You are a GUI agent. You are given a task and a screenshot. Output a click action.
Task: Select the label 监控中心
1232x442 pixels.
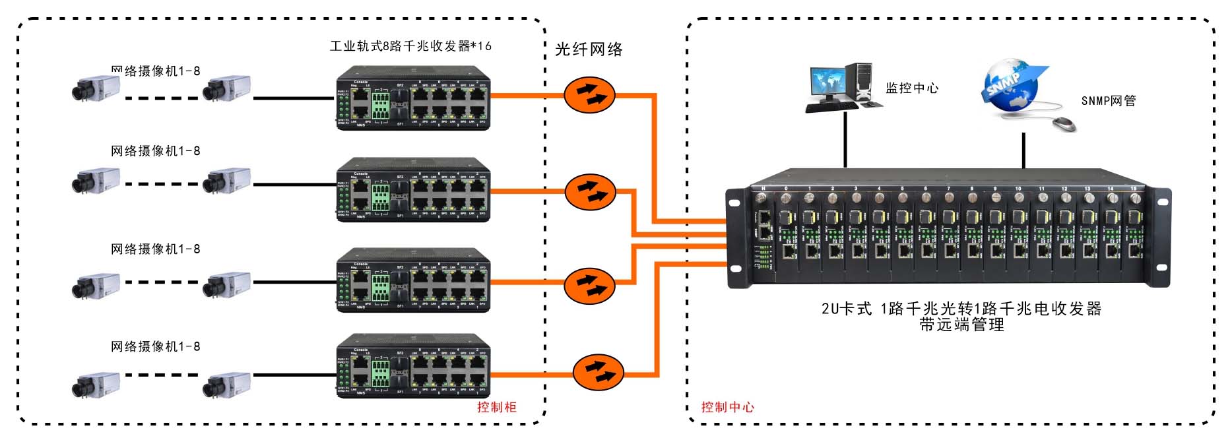click(911, 88)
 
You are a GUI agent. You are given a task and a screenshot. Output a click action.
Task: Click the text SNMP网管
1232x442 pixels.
click(1108, 101)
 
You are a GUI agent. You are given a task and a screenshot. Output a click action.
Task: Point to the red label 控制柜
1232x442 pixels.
click(496, 407)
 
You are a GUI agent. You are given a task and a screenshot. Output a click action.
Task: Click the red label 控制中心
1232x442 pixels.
click(727, 407)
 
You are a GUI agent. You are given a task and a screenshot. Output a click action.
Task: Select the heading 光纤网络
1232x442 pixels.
click(589, 49)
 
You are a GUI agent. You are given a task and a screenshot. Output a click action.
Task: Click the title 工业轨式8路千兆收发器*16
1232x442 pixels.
click(410, 46)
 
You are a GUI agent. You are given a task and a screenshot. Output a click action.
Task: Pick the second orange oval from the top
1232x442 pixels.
click(590, 191)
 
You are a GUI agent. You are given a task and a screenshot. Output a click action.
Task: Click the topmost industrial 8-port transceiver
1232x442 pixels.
click(413, 98)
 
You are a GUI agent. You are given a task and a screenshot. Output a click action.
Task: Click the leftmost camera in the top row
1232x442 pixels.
click(96, 88)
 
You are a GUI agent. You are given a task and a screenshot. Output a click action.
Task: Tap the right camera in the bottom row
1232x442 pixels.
click(226, 385)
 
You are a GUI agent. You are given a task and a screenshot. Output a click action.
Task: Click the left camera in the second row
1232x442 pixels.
click(96, 181)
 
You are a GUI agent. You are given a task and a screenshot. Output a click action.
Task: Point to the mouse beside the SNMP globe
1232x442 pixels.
click(1063, 123)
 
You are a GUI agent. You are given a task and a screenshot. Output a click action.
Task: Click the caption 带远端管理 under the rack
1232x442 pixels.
click(961, 325)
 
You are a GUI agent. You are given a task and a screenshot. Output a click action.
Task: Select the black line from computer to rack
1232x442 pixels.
click(845, 140)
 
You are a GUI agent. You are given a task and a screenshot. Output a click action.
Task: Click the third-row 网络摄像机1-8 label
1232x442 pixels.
click(155, 249)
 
